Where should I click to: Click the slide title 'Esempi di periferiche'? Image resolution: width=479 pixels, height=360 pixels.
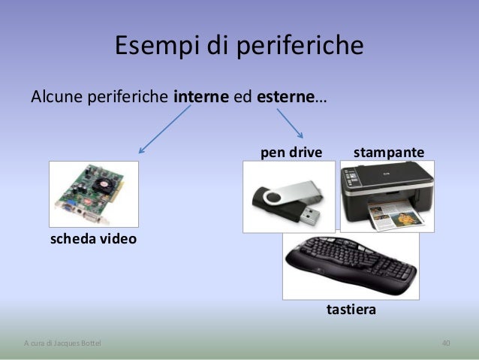click(x=239, y=47)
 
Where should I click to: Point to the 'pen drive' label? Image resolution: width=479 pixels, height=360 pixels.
click(x=291, y=153)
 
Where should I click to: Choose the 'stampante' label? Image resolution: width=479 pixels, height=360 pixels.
click(x=389, y=153)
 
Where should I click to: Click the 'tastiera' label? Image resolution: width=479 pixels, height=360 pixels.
click(x=351, y=309)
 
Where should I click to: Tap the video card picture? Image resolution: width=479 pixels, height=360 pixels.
click(x=93, y=194)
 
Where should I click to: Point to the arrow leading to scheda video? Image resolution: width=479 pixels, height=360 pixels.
click(x=163, y=128)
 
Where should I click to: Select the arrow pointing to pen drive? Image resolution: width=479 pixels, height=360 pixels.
click(x=290, y=123)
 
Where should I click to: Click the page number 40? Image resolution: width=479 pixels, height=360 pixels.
click(x=446, y=343)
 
